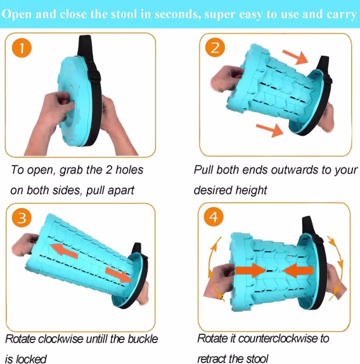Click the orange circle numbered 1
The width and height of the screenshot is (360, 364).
click(x=22, y=48)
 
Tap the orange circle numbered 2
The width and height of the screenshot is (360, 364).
click(x=215, y=48)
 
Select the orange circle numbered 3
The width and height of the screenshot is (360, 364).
click(x=22, y=218)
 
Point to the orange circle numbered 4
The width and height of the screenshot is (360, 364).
click(x=214, y=217)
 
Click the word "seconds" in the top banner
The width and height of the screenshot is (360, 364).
click(x=177, y=15)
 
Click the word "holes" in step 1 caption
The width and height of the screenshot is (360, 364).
click(x=129, y=170)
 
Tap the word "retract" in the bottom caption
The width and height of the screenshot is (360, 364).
click(x=211, y=359)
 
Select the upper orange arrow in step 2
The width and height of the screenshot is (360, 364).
click(x=295, y=57)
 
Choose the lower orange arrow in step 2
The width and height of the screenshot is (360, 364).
click(x=270, y=130)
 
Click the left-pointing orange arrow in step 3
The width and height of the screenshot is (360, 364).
click(x=63, y=251)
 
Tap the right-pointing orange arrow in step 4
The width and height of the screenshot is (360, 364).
click(x=250, y=270)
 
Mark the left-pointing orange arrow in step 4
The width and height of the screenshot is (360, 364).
click(x=298, y=270)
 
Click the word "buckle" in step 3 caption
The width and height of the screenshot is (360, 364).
click(x=143, y=339)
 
